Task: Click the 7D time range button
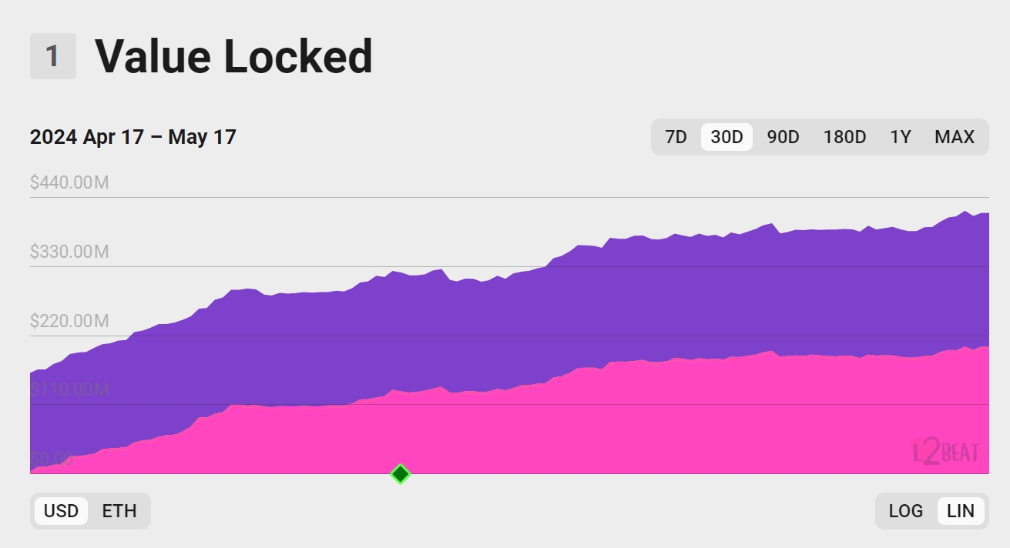(676, 137)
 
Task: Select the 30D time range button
(726, 137)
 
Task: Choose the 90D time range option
(783, 137)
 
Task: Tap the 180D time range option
(844, 137)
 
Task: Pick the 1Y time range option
(901, 137)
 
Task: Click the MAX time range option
(955, 137)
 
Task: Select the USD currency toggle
(61, 511)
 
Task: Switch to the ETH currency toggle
(119, 511)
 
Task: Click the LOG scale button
(905, 511)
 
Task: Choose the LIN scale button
(961, 511)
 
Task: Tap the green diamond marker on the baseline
(400, 474)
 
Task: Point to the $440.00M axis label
(70, 182)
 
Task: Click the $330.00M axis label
(69, 252)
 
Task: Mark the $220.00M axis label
(69, 321)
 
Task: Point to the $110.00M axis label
(69, 390)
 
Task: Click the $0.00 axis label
(52, 459)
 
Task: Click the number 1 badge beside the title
(52, 56)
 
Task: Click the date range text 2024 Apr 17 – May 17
(133, 137)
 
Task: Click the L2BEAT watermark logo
(945, 451)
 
